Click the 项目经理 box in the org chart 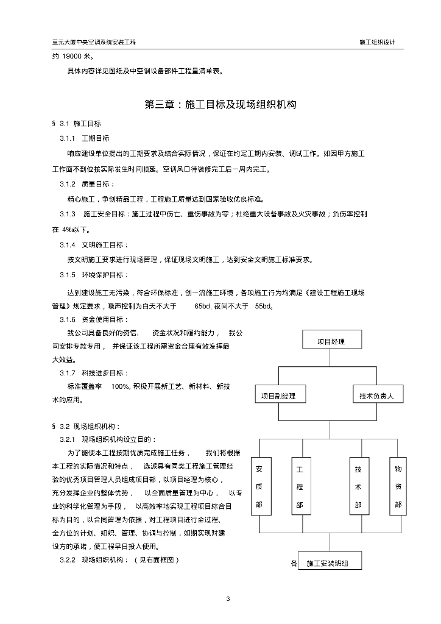coord(331,341)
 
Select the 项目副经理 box coord(278,396)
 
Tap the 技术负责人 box coord(377,396)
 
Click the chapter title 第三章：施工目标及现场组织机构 coord(220,104)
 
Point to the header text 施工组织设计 coord(378,43)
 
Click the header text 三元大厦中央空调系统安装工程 coord(94,43)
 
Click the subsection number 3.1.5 coord(68,275)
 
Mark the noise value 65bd coord(203,306)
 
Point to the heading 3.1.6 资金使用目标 coord(94,320)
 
